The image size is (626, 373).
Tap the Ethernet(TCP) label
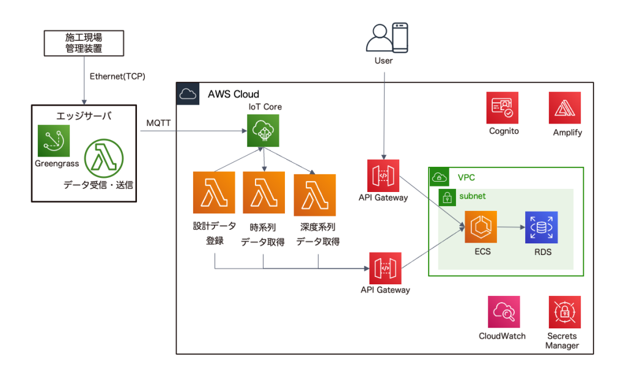(x=117, y=76)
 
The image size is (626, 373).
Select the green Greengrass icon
(x=53, y=141)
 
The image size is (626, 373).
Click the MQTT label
(x=159, y=123)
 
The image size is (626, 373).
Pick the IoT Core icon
(x=263, y=131)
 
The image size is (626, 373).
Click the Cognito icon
(x=503, y=108)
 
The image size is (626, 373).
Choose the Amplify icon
(x=565, y=108)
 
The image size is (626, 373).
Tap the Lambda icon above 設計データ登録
(x=214, y=193)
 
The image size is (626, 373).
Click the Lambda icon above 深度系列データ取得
(x=314, y=193)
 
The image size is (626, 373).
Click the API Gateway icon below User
(x=384, y=175)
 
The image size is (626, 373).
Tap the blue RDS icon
(x=541, y=227)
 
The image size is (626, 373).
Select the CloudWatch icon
(x=503, y=312)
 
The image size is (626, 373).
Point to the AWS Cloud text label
(x=234, y=94)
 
